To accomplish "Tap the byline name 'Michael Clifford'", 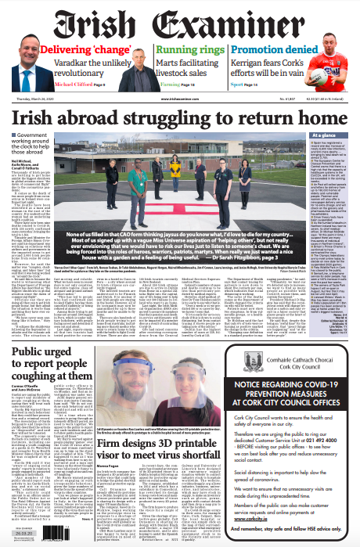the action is pos(75,83).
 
